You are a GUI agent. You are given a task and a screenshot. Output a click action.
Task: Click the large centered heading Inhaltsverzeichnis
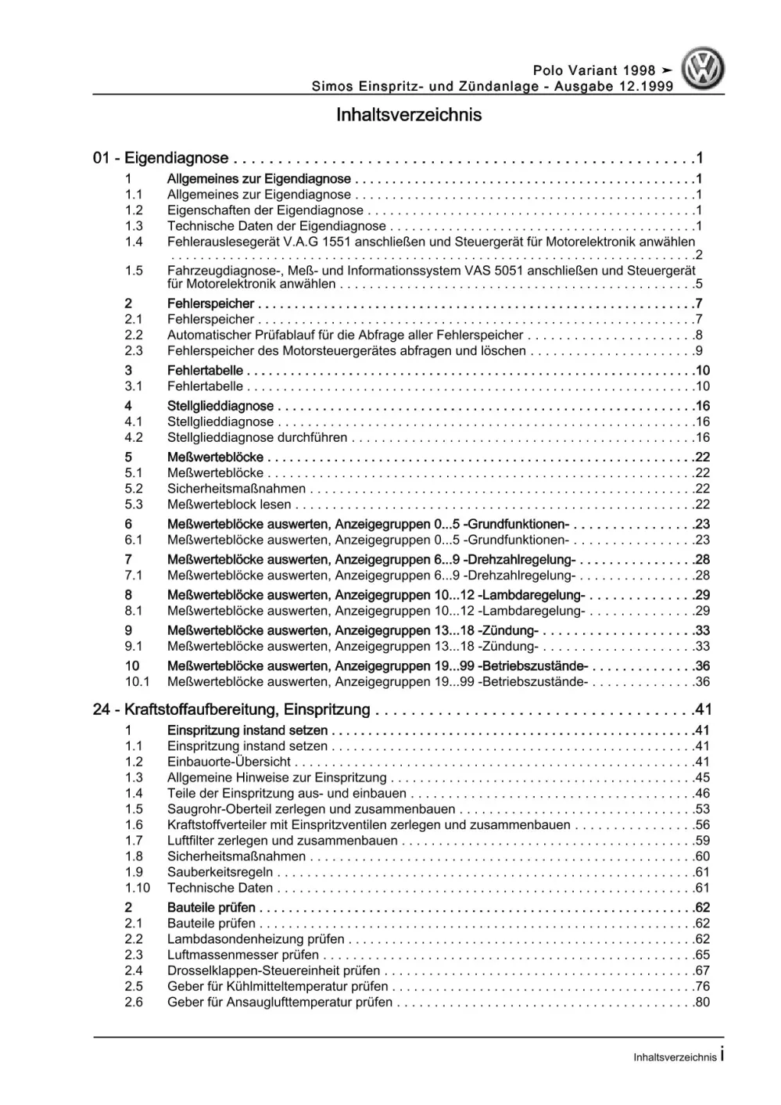click(408, 115)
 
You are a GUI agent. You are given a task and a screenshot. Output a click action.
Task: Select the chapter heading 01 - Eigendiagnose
click(160, 159)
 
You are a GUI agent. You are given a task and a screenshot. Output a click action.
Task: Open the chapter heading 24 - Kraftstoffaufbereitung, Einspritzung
click(231, 710)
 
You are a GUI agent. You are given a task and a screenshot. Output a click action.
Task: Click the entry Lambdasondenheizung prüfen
click(256, 939)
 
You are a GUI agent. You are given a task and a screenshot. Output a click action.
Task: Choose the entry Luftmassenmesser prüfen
click(243, 955)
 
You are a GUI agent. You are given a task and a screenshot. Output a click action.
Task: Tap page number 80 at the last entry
click(702, 1003)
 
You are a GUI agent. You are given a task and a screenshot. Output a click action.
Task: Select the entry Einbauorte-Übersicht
click(229, 762)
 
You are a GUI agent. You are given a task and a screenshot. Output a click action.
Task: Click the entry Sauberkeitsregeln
click(220, 872)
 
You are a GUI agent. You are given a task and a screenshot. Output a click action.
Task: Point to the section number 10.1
click(137, 682)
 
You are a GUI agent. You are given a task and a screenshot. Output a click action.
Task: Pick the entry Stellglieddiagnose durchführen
click(257, 438)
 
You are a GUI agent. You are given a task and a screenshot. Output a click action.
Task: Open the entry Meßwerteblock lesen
click(229, 504)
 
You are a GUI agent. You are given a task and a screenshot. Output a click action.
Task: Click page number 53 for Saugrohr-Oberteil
click(702, 809)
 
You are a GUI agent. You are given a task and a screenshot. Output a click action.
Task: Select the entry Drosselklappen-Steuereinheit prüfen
click(274, 970)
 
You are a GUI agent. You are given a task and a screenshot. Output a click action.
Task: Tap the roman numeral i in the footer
click(722, 1055)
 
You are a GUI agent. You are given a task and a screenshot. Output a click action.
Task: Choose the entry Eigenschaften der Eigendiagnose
click(265, 210)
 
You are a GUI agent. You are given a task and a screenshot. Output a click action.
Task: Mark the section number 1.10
click(137, 888)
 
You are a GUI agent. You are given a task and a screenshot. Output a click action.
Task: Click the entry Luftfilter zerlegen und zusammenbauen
click(282, 841)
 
